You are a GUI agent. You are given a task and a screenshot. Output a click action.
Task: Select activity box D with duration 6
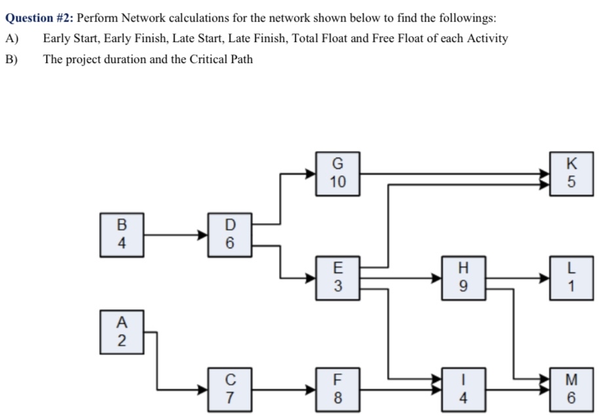(229, 233)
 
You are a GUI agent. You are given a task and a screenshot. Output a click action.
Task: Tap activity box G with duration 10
(337, 173)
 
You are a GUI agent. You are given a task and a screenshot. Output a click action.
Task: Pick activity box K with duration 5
(571, 173)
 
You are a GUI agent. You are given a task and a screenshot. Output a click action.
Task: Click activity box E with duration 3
(337, 278)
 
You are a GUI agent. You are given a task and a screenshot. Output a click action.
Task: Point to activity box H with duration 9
(464, 278)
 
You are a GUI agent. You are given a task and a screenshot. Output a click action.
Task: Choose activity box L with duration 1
(571, 278)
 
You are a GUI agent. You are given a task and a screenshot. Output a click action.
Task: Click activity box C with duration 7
(229, 388)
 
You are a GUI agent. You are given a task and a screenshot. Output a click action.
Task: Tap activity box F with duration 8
(337, 388)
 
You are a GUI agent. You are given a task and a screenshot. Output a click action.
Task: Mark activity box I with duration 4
(464, 388)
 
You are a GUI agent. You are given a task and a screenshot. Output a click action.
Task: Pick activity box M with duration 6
(571, 388)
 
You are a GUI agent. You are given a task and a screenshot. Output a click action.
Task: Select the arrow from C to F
(283, 389)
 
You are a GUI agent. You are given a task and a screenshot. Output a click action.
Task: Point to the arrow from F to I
(400, 389)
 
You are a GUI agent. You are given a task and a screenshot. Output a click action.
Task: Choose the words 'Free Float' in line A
(399, 39)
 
